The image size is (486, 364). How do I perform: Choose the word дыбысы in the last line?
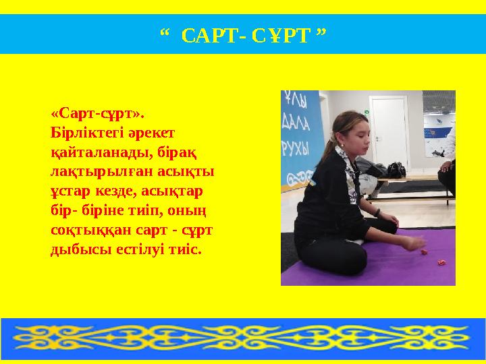(x=76, y=250)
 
